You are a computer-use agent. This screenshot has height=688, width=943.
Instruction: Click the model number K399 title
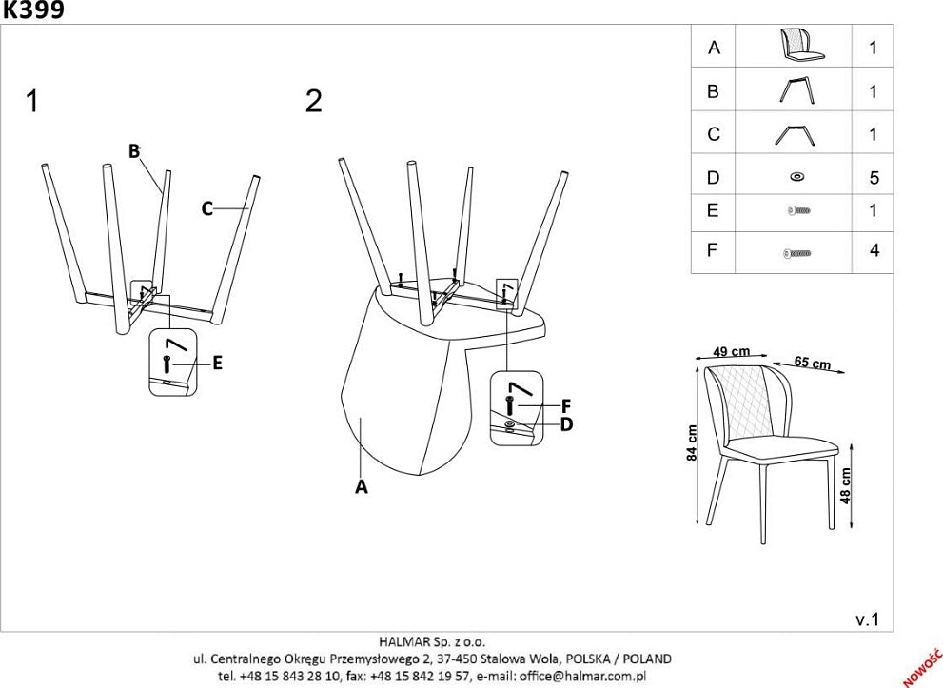[32, 10]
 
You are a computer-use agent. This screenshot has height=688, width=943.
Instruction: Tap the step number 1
[33, 101]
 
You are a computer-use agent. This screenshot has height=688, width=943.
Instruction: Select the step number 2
[314, 101]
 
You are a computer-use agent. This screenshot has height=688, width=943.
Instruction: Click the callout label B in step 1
[134, 150]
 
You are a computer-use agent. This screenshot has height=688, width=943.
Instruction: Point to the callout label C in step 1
[206, 208]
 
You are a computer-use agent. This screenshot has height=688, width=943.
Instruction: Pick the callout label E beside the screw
[217, 362]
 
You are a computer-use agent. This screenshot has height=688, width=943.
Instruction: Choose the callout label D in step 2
[566, 423]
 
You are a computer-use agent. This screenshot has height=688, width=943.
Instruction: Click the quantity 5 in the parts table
[874, 178]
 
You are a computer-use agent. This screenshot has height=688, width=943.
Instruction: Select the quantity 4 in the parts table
[874, 251]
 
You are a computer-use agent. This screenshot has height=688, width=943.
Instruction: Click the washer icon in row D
[796, 177]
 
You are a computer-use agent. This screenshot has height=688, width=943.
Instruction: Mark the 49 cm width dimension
[732, 351]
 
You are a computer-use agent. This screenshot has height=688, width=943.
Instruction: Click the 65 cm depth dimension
[812, 363]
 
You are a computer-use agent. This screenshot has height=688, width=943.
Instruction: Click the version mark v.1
[868, 619]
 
